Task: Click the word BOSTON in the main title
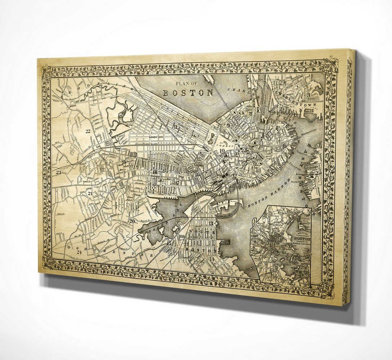tap(188, 93)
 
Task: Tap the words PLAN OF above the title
tap(187, 84)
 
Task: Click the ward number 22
tap(88, 131)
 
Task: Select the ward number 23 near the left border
tap(59, 172)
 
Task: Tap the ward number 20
tap(132, 221)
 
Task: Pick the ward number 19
tap(124, 162)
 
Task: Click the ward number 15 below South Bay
tap(169, 243)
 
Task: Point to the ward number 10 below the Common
tap(222, 150)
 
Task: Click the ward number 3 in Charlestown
tap(309, 95)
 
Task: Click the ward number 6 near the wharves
tap(284, 145)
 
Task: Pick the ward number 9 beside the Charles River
tap(228, 125)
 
